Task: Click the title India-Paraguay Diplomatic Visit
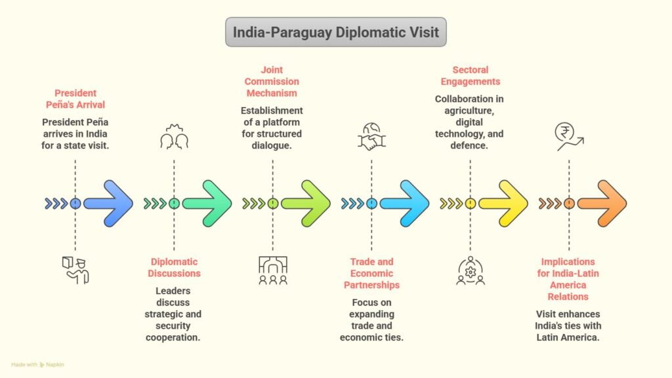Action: [335, 32]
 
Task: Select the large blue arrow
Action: [108, 204]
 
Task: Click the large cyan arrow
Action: [404, 204]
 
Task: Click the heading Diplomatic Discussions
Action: [173, 268]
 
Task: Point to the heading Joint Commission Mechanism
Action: [272, 82]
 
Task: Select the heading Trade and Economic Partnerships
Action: [371, 273]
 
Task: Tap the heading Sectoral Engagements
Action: [470, 76]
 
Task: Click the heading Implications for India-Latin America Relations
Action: [568, 279]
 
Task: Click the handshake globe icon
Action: [371, 136]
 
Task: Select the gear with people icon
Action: [470, 271]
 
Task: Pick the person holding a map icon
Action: [75, 270]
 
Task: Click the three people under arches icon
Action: [272, 270]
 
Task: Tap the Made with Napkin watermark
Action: [37, 364]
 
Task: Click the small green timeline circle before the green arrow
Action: [174, 204]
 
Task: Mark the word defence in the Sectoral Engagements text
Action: [470, 145]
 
